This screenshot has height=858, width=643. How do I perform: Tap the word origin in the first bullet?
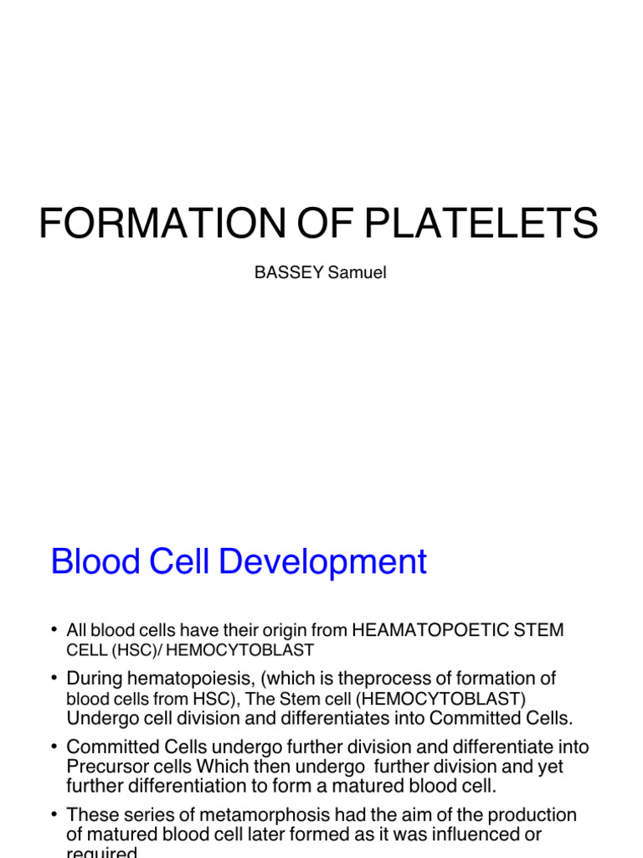[281, 630]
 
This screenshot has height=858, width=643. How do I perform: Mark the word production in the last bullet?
[527, 814]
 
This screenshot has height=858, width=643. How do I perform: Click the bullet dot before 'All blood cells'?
[54, 629]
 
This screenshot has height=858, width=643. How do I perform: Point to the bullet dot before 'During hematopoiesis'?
[54, 678]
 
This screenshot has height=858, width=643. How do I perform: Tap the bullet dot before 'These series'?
[54, 814]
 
